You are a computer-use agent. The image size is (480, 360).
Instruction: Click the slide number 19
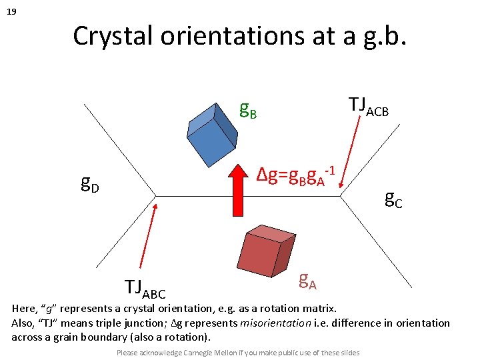coord(11,11)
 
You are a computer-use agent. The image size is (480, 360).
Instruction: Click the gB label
coord(248,109)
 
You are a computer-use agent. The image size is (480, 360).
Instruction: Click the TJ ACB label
coord(369,105)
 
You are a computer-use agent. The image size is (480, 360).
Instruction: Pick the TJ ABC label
coord(145,288)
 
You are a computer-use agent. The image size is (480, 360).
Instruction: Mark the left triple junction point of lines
coord(156,196)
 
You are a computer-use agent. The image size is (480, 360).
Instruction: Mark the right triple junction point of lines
coord(341,196)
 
